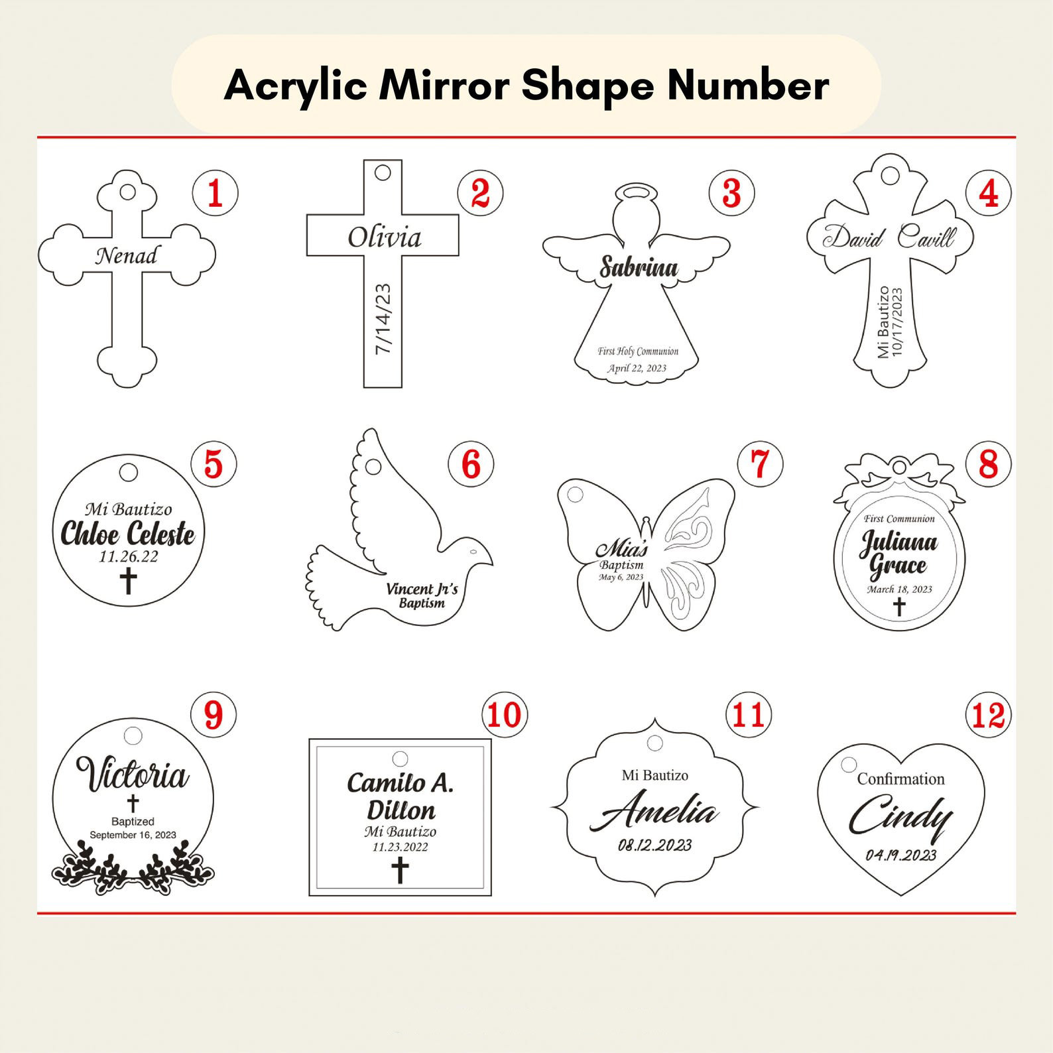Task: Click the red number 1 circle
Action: click(x=215, y=194)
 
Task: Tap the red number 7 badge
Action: click(x=760, y=464)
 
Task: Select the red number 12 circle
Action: click(x=988, y=715)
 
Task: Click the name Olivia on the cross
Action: click(x=385, y=237)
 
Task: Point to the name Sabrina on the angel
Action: click(x=639, y=268)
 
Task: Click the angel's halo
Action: click(x=637, y=192)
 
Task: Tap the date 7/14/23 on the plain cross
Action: click(x=383, y=319)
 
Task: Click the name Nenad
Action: click(x=127, y=255)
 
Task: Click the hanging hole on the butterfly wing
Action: click(x=575, y=495)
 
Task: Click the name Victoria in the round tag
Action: click(x=133, y=773)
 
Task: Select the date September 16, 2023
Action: click(x=133, y=835)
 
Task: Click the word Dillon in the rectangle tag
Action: click(x=401, y=810)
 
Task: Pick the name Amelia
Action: click(x=654, y=811)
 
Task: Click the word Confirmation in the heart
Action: click(x=900, y=779)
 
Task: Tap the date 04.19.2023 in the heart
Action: click(x=900, y=855)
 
